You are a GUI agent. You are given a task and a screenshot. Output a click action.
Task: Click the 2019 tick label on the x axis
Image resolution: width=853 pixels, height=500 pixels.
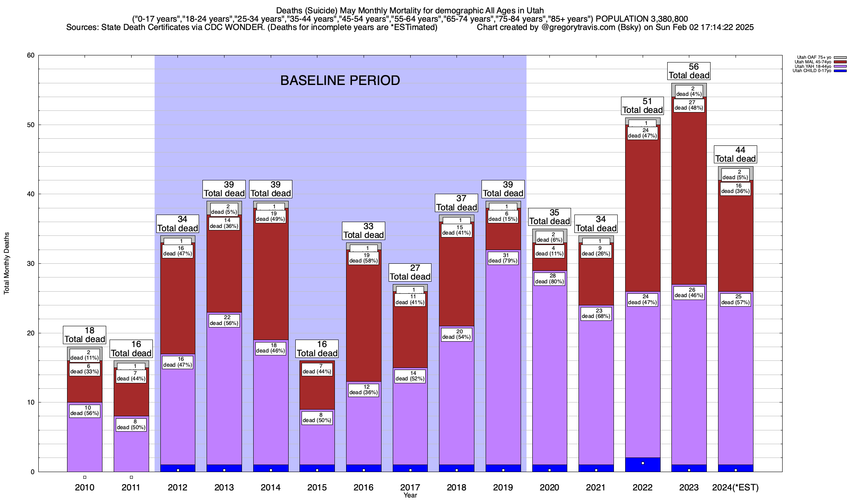503,487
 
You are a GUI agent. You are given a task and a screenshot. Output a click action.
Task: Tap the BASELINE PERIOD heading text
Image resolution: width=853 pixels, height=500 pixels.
340,80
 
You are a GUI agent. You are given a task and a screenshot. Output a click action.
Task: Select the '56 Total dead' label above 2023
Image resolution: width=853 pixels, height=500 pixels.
689,71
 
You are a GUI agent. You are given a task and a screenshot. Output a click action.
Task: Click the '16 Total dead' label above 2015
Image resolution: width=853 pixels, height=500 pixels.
317,349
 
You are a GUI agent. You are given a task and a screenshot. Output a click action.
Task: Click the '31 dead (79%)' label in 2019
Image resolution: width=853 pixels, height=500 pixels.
503,258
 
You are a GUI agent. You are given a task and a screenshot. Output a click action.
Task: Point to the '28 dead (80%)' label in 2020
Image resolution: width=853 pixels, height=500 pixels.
550,279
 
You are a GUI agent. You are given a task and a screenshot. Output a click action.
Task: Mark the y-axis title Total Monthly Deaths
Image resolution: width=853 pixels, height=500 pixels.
7,263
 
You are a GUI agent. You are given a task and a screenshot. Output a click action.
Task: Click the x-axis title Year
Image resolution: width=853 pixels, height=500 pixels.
410,495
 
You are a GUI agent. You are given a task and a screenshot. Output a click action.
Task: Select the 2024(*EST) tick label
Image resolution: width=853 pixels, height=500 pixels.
735,487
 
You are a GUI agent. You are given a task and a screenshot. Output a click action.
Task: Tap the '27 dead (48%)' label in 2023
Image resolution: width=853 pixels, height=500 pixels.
689,105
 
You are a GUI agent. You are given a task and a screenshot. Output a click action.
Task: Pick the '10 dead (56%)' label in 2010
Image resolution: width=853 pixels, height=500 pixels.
85,410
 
